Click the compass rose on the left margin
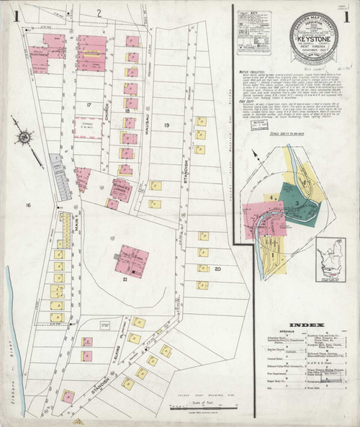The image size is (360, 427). pyautogui.click(x=24, y=137)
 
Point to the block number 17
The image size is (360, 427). pyautogui.click(x=87, y=105)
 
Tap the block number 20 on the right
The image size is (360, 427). pyautogui.click(x=217, y=268)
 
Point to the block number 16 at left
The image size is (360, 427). pyautogui.click(x=28, y=206)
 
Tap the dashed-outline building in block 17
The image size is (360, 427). pyautogui.click(x=87, y=127)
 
